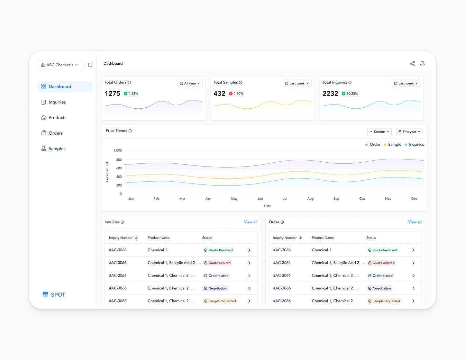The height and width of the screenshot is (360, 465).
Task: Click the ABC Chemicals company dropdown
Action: click(x=60, y=65)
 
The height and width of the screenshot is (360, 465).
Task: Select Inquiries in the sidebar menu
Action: click(x=57, y=102)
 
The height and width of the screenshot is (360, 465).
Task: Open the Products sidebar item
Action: click(x=57, y=118)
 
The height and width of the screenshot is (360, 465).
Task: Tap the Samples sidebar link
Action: click(x=57, y=148)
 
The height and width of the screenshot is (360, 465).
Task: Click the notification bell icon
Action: click(x=422, y=64)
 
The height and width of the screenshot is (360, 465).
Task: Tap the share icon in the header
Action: click(x=412, y=64)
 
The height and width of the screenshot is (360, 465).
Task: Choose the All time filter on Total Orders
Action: click(x=190, y=83)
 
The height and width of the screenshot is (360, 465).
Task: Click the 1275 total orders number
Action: click(x=112, y=94)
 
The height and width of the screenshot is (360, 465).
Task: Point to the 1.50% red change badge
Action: click(x=236, y=94)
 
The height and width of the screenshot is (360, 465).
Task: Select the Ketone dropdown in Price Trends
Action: click(x=379, y=132)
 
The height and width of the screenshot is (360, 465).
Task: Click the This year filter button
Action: click(x=409, y=132)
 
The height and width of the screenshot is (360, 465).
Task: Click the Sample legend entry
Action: click(x=392, y=145)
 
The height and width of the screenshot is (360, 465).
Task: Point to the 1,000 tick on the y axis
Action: click(x=118, y=151)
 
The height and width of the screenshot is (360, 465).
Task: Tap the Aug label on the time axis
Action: click(x=310, y=199)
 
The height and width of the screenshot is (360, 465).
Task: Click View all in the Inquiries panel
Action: click(x=250, y=222)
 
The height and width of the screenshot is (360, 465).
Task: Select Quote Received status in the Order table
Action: click(x=382, y=250)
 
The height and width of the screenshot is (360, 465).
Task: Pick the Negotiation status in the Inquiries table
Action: click(x=215, y=288)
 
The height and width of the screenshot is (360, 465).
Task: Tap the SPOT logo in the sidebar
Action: click(x=54, y=295)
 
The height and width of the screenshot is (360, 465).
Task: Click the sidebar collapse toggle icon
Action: click(x=90, y=65)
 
